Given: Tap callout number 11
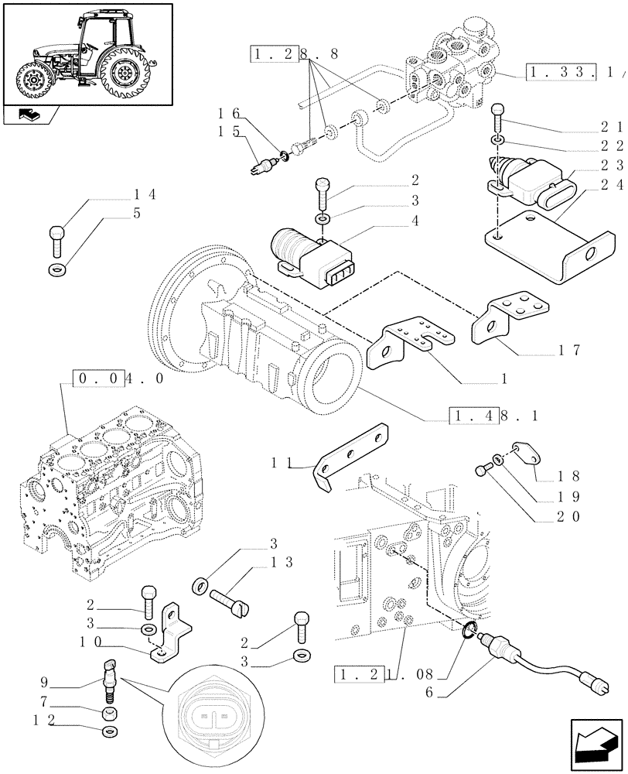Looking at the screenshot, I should (280, 464).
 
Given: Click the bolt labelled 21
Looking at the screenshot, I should (498, 117).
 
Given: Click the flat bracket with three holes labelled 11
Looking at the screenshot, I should (351, 456).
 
